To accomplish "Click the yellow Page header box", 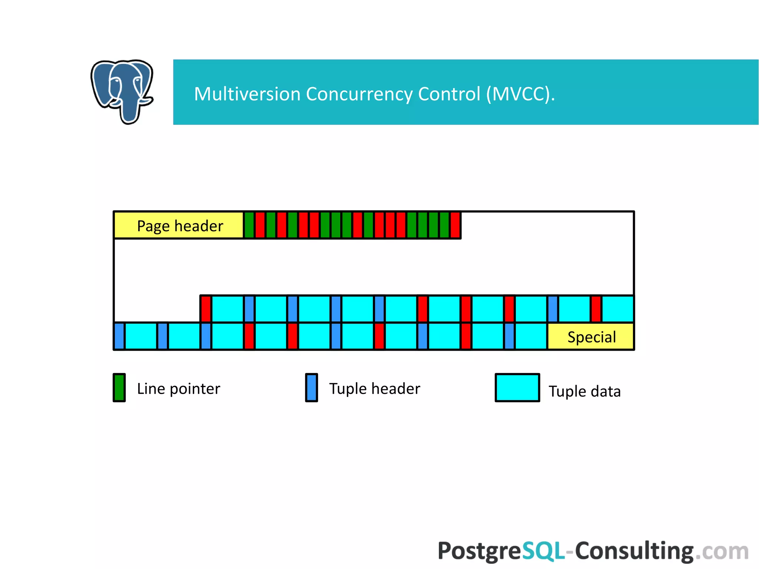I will point(179,225).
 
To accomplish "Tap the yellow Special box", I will point(591,337).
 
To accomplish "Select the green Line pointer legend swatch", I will point(119,388).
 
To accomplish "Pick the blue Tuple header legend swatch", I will point(311,388).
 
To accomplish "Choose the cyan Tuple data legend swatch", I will point(517,388).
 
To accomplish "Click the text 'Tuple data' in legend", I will point(584,391).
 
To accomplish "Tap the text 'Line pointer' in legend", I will point(178,389).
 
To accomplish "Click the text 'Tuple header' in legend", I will point(374,389).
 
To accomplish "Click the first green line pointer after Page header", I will point(249,225).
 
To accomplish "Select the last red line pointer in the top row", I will point(455,225).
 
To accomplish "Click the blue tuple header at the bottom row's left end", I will point(119,336).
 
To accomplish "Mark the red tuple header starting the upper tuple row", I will point(206,309).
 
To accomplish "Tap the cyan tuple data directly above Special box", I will point(618,309).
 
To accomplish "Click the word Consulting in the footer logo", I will point(634,551).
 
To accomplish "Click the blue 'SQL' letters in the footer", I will point(543,551).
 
